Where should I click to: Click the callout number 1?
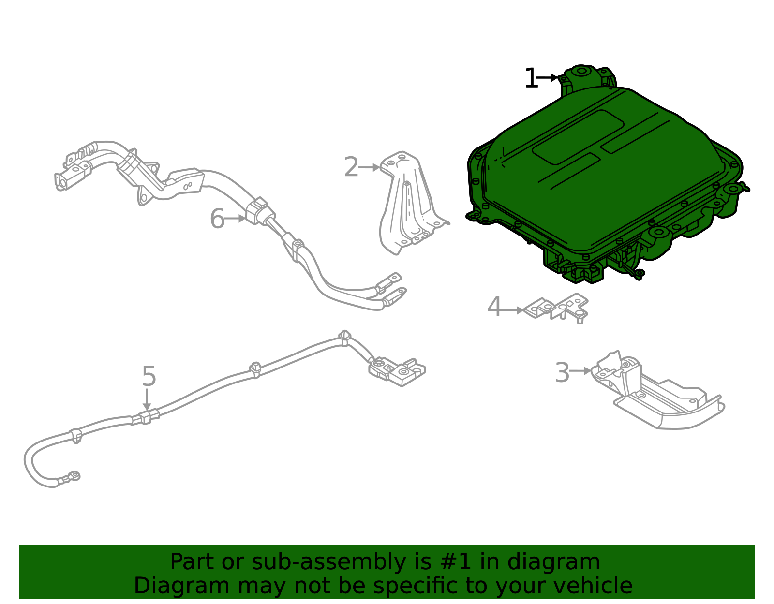pos(531,78)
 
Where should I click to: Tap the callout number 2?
pos(351,167)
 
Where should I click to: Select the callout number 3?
pos(562,372)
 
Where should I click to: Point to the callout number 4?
pos(494,308)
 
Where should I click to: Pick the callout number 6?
pos(217,219)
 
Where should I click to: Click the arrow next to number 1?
pos(548,77)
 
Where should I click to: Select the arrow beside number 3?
pos(580,371)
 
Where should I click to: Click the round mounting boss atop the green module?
pos(582,73)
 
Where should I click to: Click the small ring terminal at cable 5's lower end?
pos(74,476)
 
